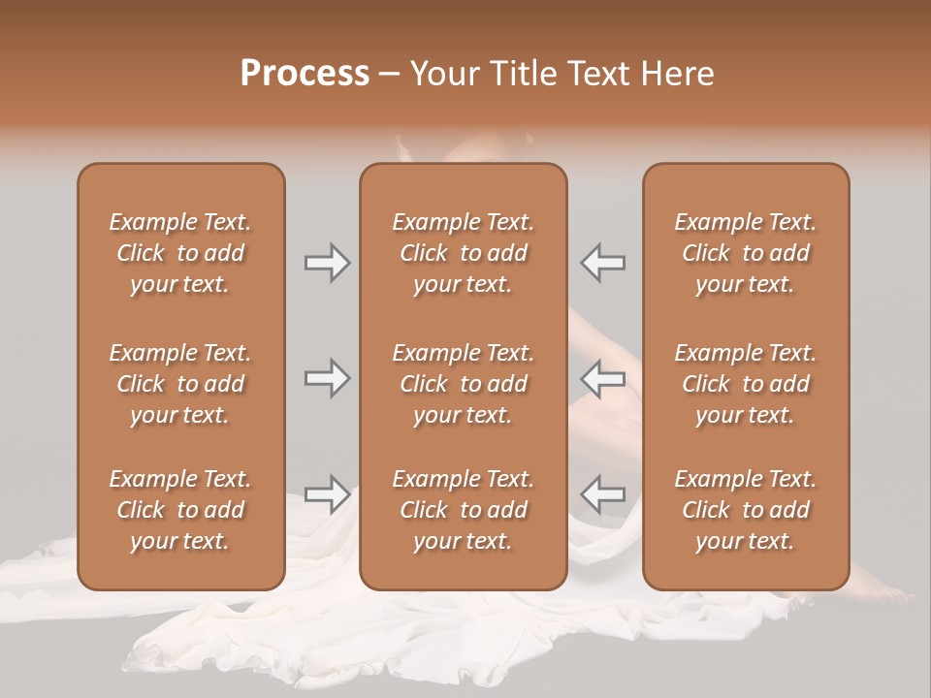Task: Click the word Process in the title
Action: [305, 74]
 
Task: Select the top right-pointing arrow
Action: [327, 263]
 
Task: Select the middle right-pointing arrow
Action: [327, 378]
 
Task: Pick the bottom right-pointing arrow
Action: [327, 494]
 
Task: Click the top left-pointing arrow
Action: [603, 263]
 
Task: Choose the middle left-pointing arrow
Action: [603, 378]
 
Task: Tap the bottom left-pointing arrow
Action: [603, 494]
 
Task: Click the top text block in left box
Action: [180, 253]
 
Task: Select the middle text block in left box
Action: [180, 384]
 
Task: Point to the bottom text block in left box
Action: [180, 510]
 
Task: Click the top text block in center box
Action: [463, 253]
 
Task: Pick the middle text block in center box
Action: [463, 384]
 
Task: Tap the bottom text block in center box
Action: [463, 510]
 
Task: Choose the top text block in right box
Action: [745, 253]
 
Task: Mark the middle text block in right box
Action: [745, 384]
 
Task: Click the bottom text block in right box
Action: [745, 510]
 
